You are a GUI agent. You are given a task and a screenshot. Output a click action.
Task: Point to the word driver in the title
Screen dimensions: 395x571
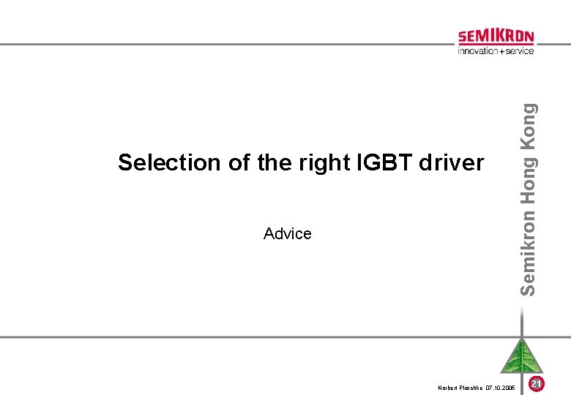(452, 162)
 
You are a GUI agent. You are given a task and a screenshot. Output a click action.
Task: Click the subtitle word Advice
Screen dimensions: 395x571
(287, 233)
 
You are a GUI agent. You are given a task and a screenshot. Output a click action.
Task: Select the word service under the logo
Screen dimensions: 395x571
(519, 50)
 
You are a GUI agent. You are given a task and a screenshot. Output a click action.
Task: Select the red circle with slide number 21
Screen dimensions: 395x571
(537, 383)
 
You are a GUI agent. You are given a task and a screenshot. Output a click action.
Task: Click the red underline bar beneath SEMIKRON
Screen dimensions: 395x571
(496, 45)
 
